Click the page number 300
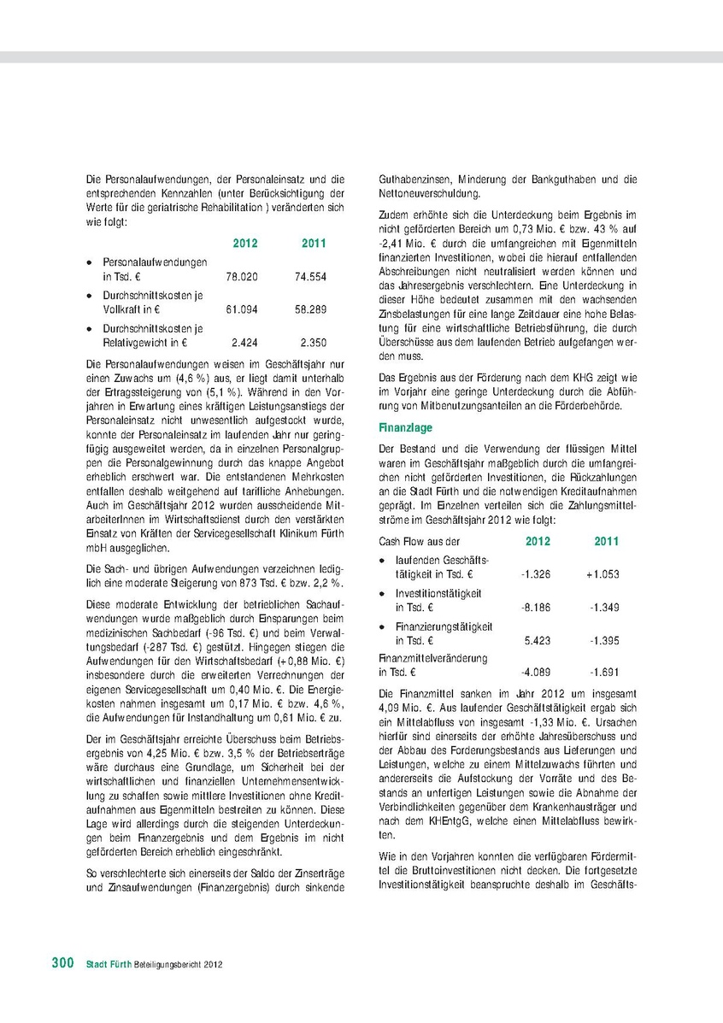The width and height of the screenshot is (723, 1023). point(62,963)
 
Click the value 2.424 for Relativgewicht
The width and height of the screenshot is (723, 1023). point(244,343)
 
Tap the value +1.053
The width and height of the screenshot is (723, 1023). point(602,574)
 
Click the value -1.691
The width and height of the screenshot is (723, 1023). point(603,673)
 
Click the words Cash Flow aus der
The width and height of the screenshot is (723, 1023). point(419,542)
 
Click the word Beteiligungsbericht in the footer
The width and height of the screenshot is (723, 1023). point(162,964)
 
